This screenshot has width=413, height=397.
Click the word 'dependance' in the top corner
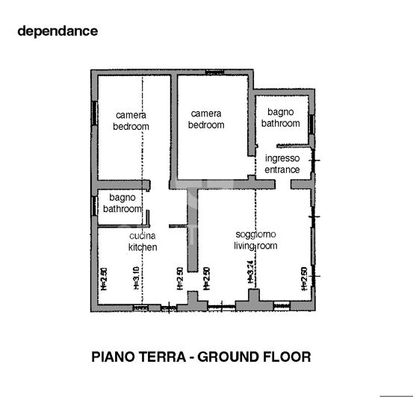click(58, 31)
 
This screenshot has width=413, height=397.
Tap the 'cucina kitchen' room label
click(142, 242)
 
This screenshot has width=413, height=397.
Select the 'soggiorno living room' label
click(255, 240)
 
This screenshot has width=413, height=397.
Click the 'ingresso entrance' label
click(282, 164)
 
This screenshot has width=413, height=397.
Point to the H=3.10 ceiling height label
click(136, 278)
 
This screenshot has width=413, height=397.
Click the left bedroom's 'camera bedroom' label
click(131, 121)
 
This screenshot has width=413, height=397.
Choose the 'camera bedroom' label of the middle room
click(206, 119)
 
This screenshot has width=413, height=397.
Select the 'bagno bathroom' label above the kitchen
click(121, 204)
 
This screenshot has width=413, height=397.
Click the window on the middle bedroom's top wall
click(215, 72)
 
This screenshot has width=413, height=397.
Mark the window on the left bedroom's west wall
click(93, 113)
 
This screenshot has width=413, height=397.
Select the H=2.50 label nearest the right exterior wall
click(303, 278)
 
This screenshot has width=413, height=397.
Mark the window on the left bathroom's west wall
click(93, 204)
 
